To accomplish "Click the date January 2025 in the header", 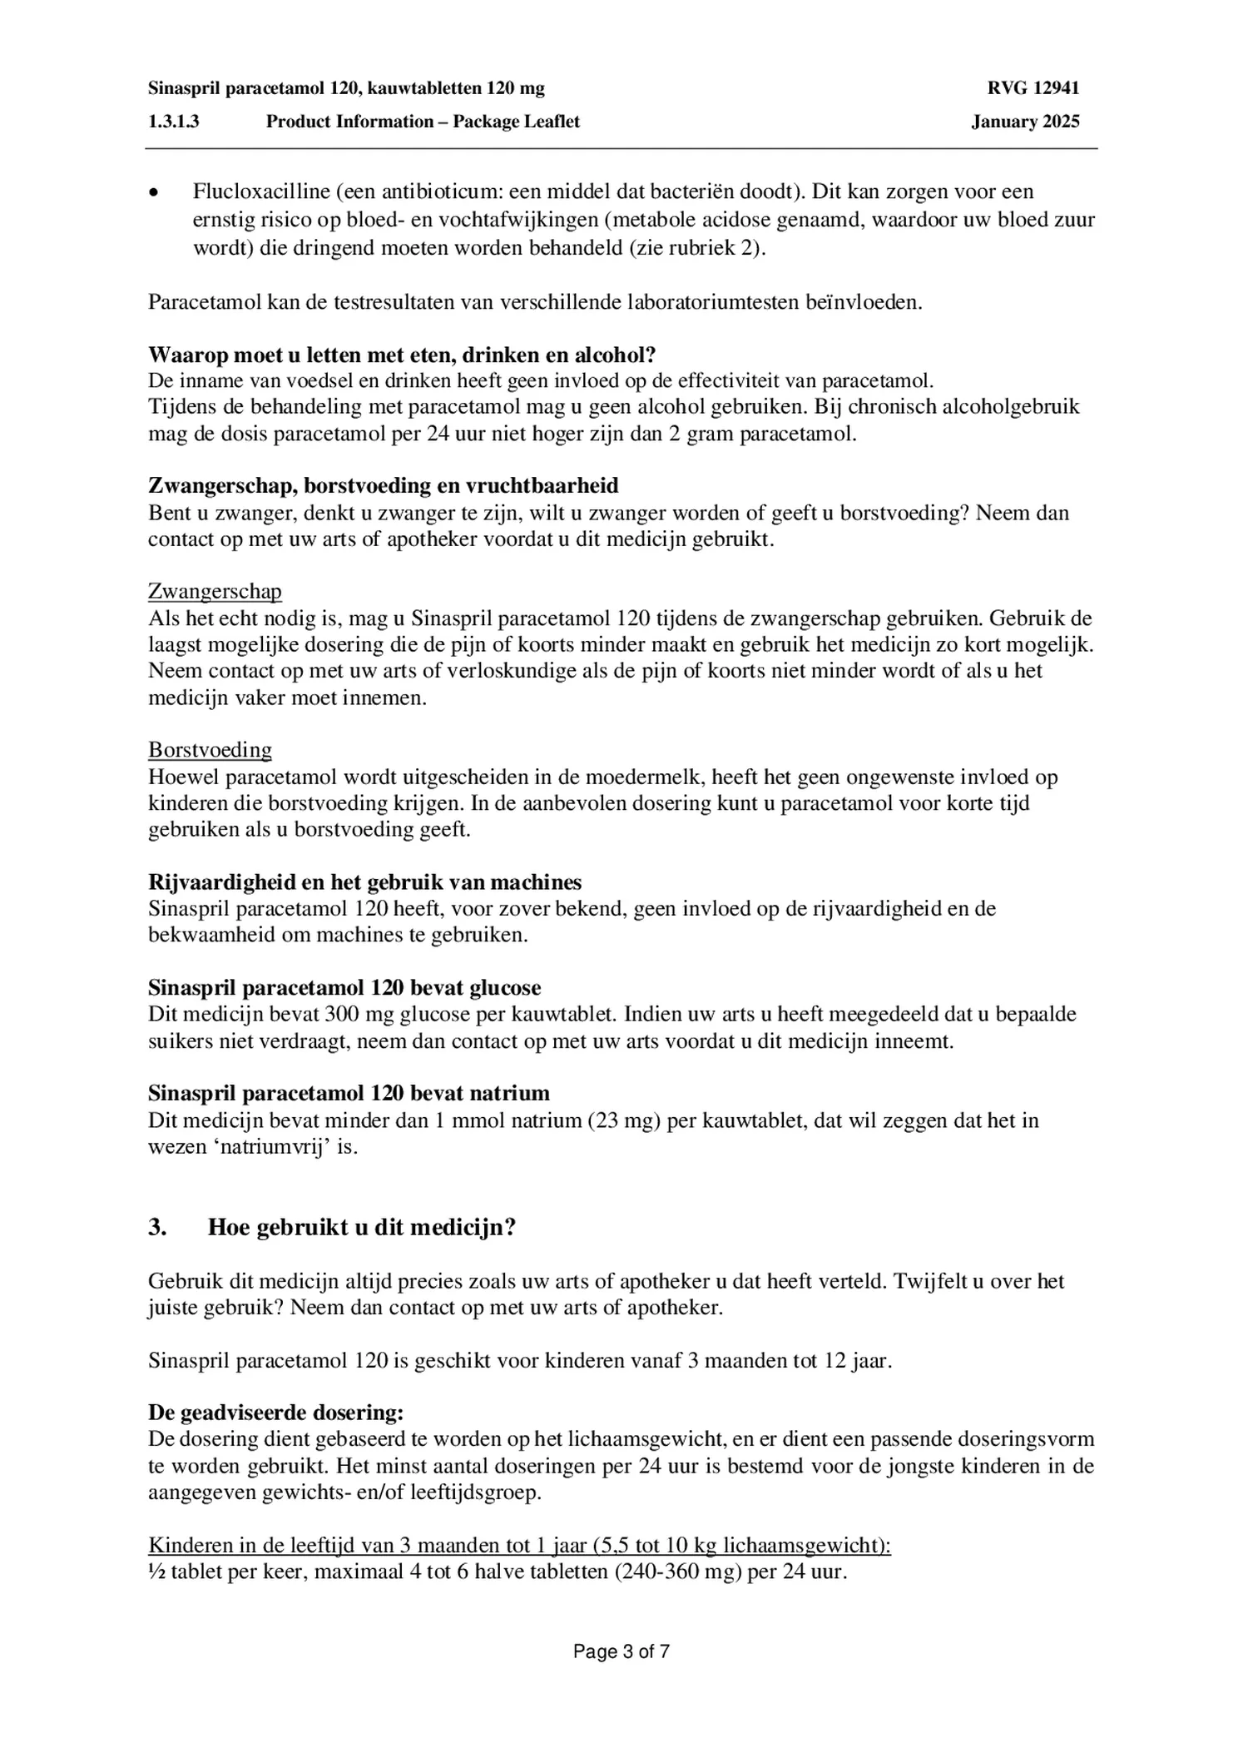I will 1024,122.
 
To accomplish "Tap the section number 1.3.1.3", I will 174,122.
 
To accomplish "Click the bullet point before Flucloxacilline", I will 152,193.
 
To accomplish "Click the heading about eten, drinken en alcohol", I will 402,355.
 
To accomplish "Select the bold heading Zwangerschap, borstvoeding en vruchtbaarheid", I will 383,485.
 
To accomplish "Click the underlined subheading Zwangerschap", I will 215,592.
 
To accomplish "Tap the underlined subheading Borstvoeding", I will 210,750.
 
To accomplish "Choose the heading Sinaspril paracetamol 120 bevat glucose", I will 344,988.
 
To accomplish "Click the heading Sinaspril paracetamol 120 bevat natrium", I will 349,1093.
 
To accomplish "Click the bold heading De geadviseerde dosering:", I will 275,1413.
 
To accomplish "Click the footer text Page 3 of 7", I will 621,1652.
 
